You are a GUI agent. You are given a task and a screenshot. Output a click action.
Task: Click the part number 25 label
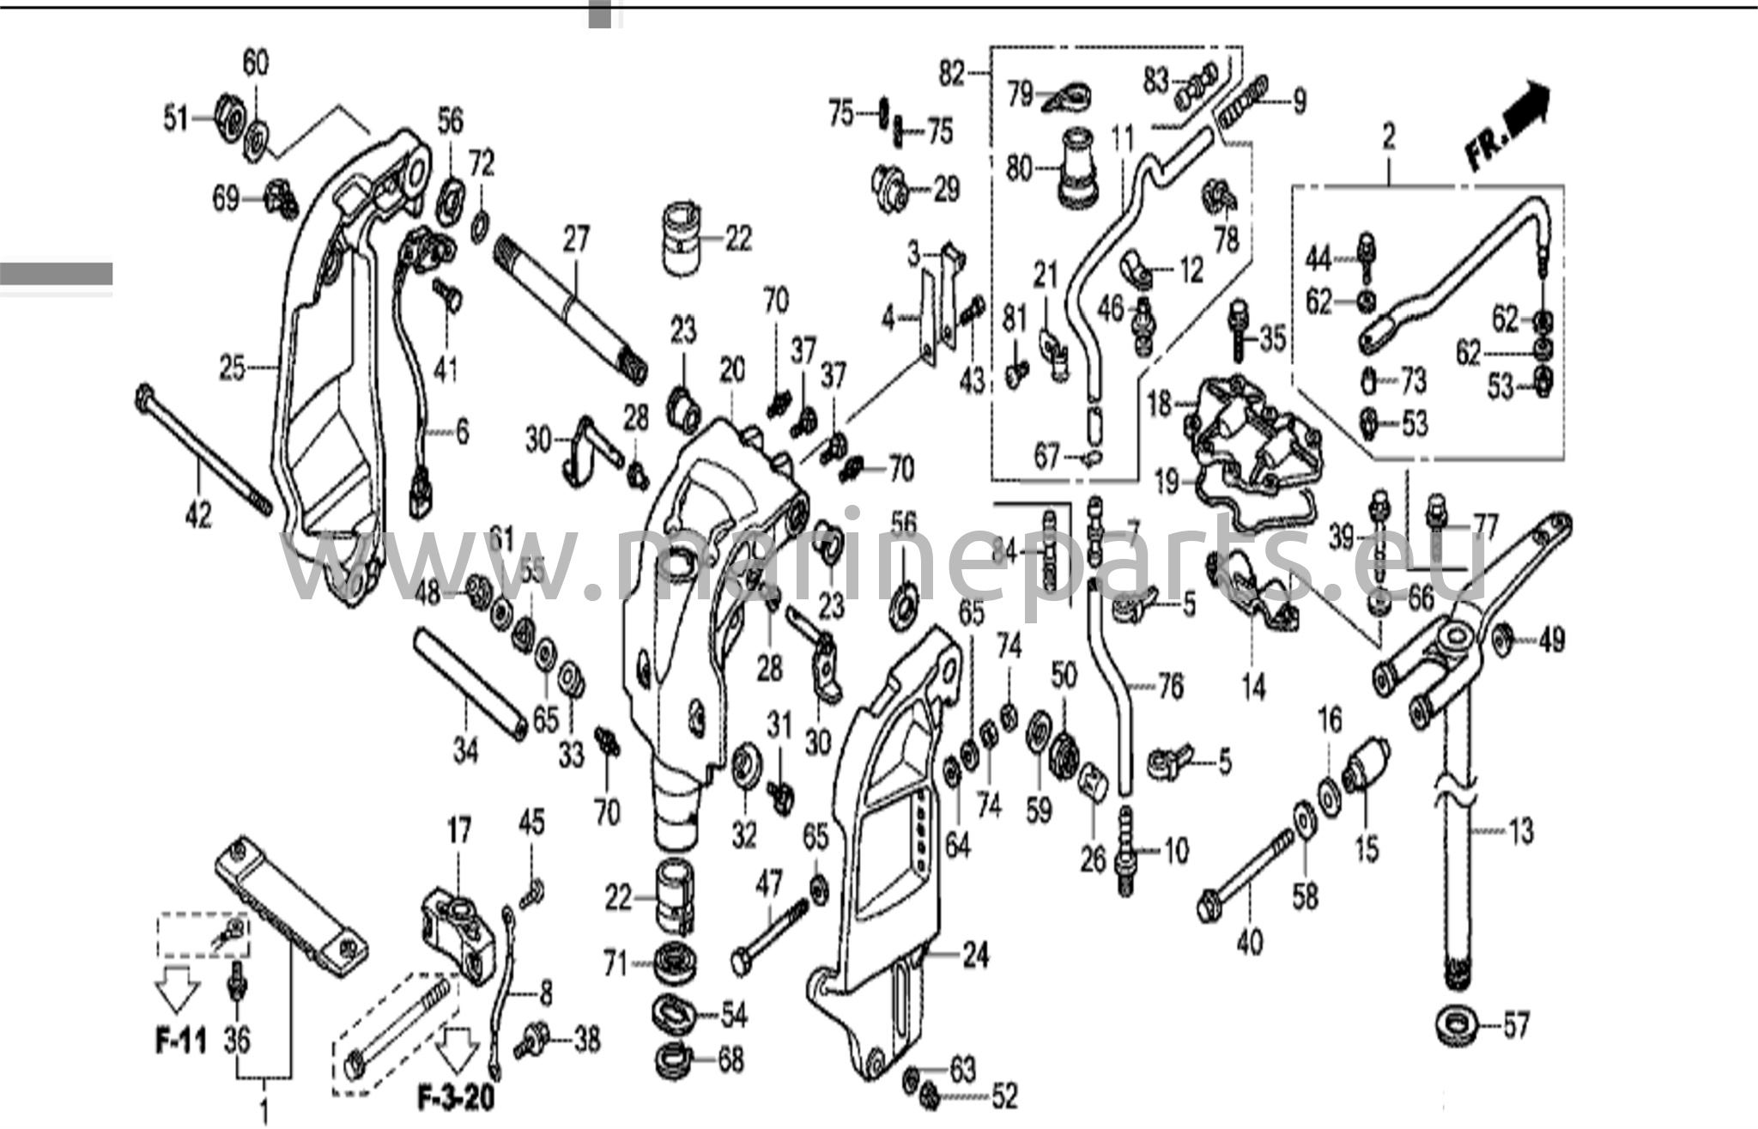pyautogui.click(x=233, y=368)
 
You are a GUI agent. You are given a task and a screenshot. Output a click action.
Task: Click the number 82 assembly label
pyautogui.click(x=951, y=75)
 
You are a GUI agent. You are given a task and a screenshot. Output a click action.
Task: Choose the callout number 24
pyautogui.click(x=976, y=954)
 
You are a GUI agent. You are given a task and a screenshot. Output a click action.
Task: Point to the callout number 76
pyautogui.click(x=1170, y=686)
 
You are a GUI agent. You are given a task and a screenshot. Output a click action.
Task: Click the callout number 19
pyautogui.click(x=1167, y=483)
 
